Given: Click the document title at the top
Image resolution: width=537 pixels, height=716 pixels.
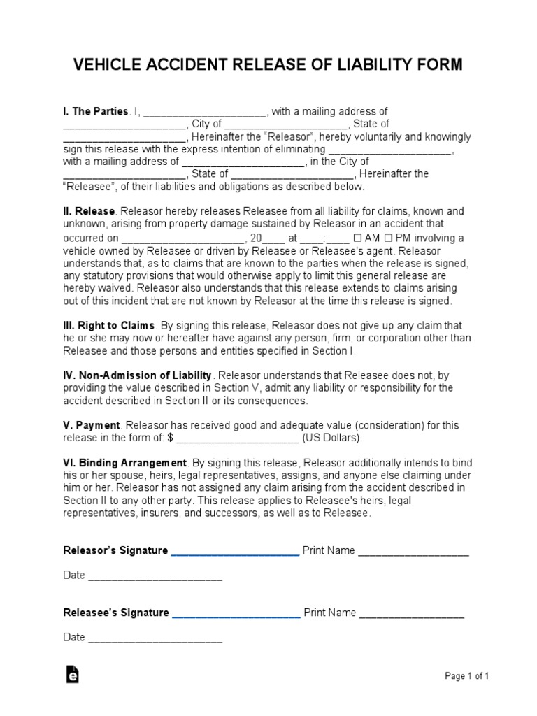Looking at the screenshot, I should point(268,65).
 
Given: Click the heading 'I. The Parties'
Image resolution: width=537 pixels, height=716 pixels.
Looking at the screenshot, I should point(96,112).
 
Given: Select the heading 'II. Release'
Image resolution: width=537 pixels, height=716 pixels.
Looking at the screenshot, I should point(89,211).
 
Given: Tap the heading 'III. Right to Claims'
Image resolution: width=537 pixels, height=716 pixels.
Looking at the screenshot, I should point(109,326).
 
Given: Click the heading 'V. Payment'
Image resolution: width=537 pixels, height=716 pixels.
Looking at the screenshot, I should point(92,425).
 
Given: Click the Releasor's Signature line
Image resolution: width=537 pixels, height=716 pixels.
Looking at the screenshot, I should point(235,552).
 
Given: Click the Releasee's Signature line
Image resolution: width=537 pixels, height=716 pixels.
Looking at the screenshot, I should point(236,614).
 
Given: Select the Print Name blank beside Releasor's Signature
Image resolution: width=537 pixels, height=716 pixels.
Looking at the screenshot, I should point(413,552).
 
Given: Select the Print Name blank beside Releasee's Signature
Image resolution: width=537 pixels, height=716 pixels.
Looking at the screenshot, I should point(412,614).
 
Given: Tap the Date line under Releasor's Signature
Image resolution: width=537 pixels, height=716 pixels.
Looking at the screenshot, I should point(155,576).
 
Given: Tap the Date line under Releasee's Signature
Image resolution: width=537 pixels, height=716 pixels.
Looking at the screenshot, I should point(155,638).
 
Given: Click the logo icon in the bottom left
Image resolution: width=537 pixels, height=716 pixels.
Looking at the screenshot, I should point(72,674).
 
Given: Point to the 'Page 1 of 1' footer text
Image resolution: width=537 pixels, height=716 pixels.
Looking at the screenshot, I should point(467,676).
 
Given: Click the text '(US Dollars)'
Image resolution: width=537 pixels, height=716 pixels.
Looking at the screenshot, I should point(333,438).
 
